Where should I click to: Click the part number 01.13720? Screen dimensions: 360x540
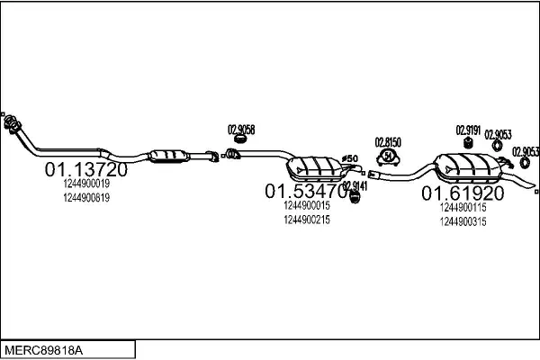[85, 169]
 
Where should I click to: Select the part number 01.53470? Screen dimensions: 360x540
[305, 191]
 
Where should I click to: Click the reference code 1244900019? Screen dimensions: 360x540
[86, 184]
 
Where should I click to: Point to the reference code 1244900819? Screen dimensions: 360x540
[86, 197]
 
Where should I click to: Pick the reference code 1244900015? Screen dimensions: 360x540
[306, 205]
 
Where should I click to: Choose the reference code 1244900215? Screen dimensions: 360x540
[306, 219]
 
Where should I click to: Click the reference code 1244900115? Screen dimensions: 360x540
[463, 208]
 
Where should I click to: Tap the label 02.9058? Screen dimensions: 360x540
[240, 129]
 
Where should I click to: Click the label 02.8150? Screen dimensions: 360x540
[388, 142]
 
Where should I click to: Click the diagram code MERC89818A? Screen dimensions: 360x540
[41, 348]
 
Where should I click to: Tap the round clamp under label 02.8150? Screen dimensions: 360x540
[388, 158]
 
